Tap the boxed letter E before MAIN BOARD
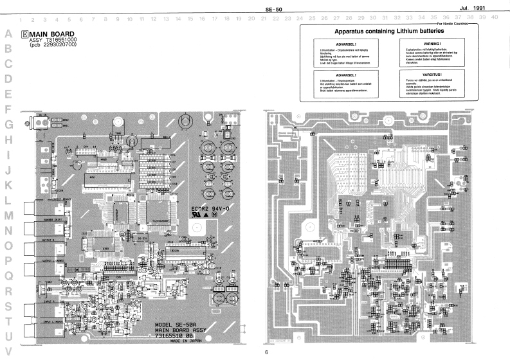[24, 33]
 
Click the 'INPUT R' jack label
[52, 300]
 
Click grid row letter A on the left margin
[8, 33]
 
